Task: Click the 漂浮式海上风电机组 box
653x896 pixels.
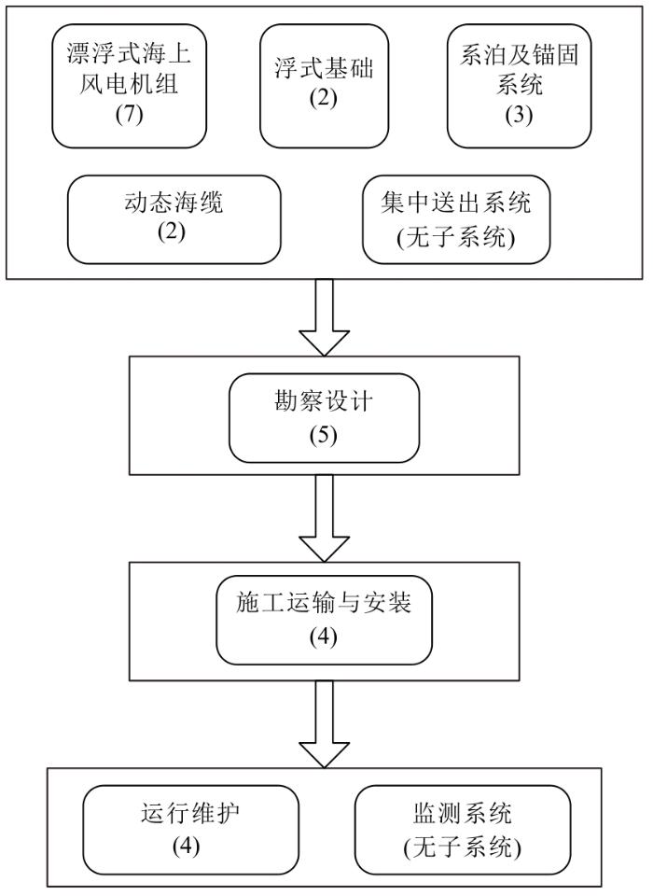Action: tap(129, 86)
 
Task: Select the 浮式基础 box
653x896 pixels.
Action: tap(324, 86)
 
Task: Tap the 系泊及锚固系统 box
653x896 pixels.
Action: tap(519, 86)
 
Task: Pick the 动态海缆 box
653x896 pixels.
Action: tap(174, 219)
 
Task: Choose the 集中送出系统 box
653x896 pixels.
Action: tap(456, 219)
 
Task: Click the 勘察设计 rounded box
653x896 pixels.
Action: tap(324, 418)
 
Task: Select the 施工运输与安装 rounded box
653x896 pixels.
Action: tap(324, 620)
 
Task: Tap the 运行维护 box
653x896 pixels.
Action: tap(191, 830)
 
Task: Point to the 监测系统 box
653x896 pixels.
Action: tap(463, 830)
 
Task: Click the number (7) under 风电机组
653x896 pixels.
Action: tap(129, 115)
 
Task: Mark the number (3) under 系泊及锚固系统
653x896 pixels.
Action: tap(519, 115)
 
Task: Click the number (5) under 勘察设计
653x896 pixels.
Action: tap(324, 436)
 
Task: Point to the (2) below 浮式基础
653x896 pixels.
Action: tap(324, 98)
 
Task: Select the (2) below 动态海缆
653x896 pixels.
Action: tap(172, 232)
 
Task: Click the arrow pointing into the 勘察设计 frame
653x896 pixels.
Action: tap(324, 317)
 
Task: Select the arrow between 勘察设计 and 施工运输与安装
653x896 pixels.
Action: tap(324, 518)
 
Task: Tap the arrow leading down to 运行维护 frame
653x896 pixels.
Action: tap(324, 724)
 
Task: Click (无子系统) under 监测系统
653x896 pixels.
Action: tap(462, 847)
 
